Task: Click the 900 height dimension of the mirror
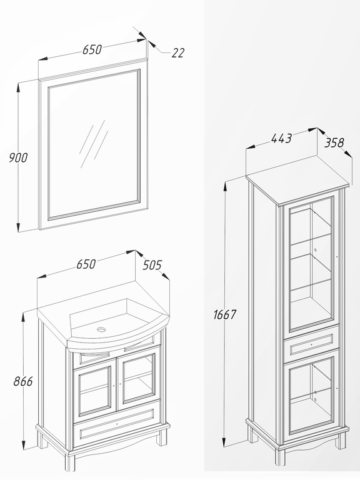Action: [18, 157]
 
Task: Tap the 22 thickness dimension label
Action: [178, 53]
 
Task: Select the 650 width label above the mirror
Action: [92, 49]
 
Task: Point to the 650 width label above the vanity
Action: [86, 264]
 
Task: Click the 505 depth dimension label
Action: [152, 265]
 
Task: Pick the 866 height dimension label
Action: [23, 381]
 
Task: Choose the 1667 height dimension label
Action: [225, 314]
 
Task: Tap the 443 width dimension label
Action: [282, 138]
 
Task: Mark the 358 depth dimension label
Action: [334, 142]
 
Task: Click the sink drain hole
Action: [101, 329]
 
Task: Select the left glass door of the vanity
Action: [94, 390]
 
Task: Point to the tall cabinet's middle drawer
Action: [311, 344]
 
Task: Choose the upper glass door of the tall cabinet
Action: [311, 263]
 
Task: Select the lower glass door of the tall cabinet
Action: [311, 396]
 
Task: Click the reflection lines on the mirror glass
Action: [93, 144]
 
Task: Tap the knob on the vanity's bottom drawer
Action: [117, 424]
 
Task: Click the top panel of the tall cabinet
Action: [297, 179]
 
